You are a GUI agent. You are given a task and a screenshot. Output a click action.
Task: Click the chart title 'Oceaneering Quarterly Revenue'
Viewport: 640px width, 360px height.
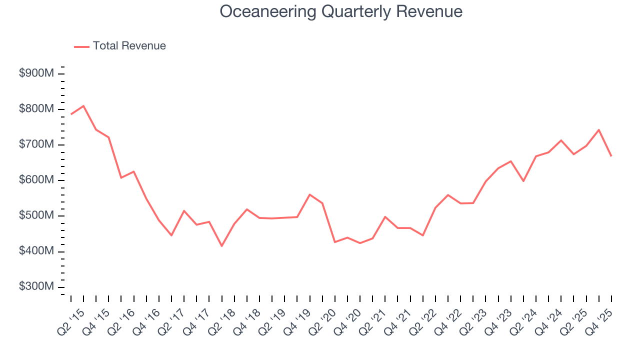tap(341, 11)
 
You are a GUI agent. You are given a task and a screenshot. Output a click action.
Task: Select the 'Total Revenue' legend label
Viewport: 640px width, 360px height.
tap(129, 46)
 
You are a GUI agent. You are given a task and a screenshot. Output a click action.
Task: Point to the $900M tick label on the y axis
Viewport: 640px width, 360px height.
tap(36, 73)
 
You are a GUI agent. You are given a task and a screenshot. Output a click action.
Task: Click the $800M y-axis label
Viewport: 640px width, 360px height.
tap(36, 109)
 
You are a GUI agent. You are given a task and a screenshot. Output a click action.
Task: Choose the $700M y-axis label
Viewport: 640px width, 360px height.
tap(36, 144)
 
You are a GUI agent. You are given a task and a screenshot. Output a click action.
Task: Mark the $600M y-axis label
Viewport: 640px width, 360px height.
tap(36, 180)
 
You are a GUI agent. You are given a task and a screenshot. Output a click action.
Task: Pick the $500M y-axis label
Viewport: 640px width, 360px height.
tap(36, 215)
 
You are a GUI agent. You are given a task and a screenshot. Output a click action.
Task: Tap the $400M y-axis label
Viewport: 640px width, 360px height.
tap(36, 251)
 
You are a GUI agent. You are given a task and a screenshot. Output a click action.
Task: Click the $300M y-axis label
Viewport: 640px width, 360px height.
tap(36, 286)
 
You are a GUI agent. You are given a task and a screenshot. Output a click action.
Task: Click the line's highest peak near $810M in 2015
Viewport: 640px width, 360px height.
tap(83, 105)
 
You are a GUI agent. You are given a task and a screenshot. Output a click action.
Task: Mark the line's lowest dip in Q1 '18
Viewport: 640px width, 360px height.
tap(221, 246)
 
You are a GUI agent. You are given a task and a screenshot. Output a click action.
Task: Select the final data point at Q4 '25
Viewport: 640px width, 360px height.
tap(611, 156)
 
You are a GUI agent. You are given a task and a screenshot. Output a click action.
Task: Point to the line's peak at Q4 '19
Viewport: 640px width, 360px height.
tap(310, 194)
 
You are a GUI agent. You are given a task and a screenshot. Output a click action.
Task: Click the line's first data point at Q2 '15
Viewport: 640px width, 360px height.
tap(71, 114)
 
